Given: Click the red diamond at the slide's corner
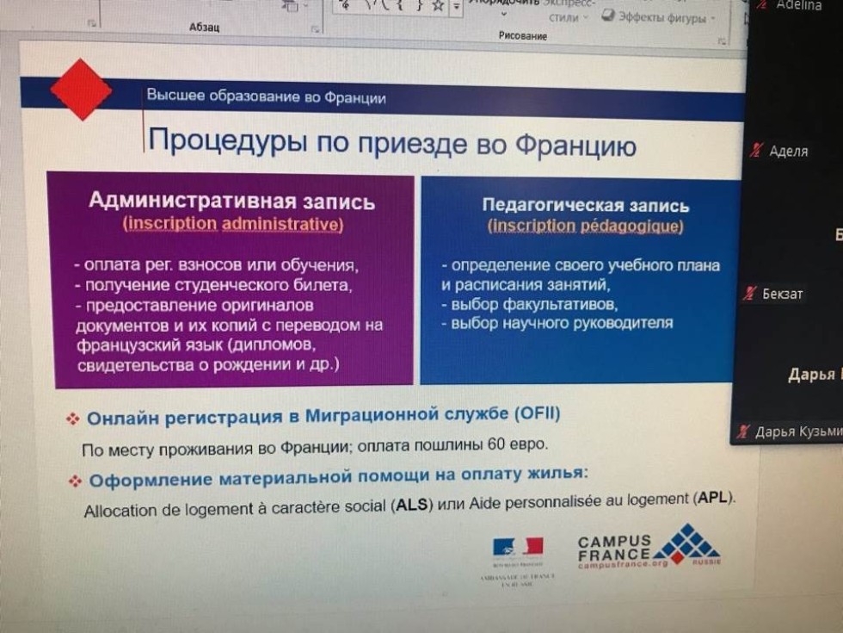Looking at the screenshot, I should tap(81, 89).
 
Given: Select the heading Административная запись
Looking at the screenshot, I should tap(231, 202).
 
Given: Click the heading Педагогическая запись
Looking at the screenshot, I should tap(585, 206).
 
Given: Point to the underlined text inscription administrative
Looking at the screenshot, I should tap(233, 224).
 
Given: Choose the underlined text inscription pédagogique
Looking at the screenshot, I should tap(586, 227).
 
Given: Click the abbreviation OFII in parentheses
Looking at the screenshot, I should tap(537, 414).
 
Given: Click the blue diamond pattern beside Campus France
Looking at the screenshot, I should tap(685, 543).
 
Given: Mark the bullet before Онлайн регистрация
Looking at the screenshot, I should tap(73, 419).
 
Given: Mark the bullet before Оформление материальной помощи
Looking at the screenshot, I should tap(75, 481).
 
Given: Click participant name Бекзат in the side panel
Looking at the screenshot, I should tap(782, 295).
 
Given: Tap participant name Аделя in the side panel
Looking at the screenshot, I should tap(788, 152).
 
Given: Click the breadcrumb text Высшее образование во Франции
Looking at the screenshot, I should tap(266, 96).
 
